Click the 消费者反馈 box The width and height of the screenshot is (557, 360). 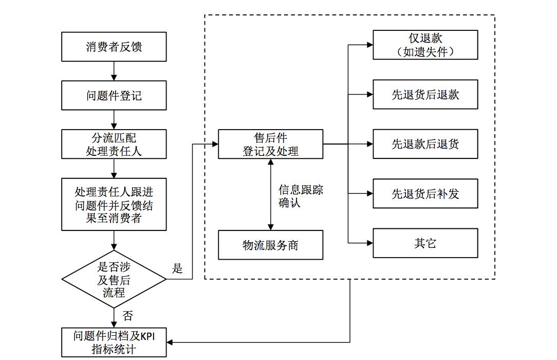pyautogui.click(x=114, y=47)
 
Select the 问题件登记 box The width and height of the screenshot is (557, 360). pyautogui.click(x=114, y=95)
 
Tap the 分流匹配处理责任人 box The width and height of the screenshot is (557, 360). pyautogui.click(x=114, y=144)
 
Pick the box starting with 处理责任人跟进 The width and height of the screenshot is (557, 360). pyautogui.click(x=114, y=204)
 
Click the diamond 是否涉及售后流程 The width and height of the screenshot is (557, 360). pyautogui.click(x=114, y=279)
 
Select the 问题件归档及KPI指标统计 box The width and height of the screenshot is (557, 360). pyautogui.click(x=114, y=342)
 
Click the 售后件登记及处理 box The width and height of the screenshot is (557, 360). pyautogui.click(x=270, y=144)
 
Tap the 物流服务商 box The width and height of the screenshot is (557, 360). pyautogui.click(x=270, y=245)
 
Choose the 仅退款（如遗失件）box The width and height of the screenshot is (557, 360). pyautogui.click(x=425, y=45)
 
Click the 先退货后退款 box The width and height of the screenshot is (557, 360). pyautogui.click(x=425, y=94)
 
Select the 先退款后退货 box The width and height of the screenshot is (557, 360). pyautogui.click(x=425, y=144)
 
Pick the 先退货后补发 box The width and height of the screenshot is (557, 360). pyautogui.click(x=425, y=193)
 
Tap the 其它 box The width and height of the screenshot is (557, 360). pyautogui.click(x=425, y=243)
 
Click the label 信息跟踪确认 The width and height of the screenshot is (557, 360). pyautogui.click(x=301, y=196)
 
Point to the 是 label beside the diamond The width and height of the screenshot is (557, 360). pyautogui.click(x=177, y=268)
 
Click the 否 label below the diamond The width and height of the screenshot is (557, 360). pyautogui.click(x=127, y=315)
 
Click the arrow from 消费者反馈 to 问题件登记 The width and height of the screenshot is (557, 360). pyautogui.click(x=114, y=71)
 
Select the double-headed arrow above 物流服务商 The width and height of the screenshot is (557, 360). pyautogui.click(x=270, y=194)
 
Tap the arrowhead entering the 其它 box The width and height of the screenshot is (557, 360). pyautogui.click(x=370, y=243)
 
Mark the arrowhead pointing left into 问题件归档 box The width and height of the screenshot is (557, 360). pyautogui.click(x=170, y=342)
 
